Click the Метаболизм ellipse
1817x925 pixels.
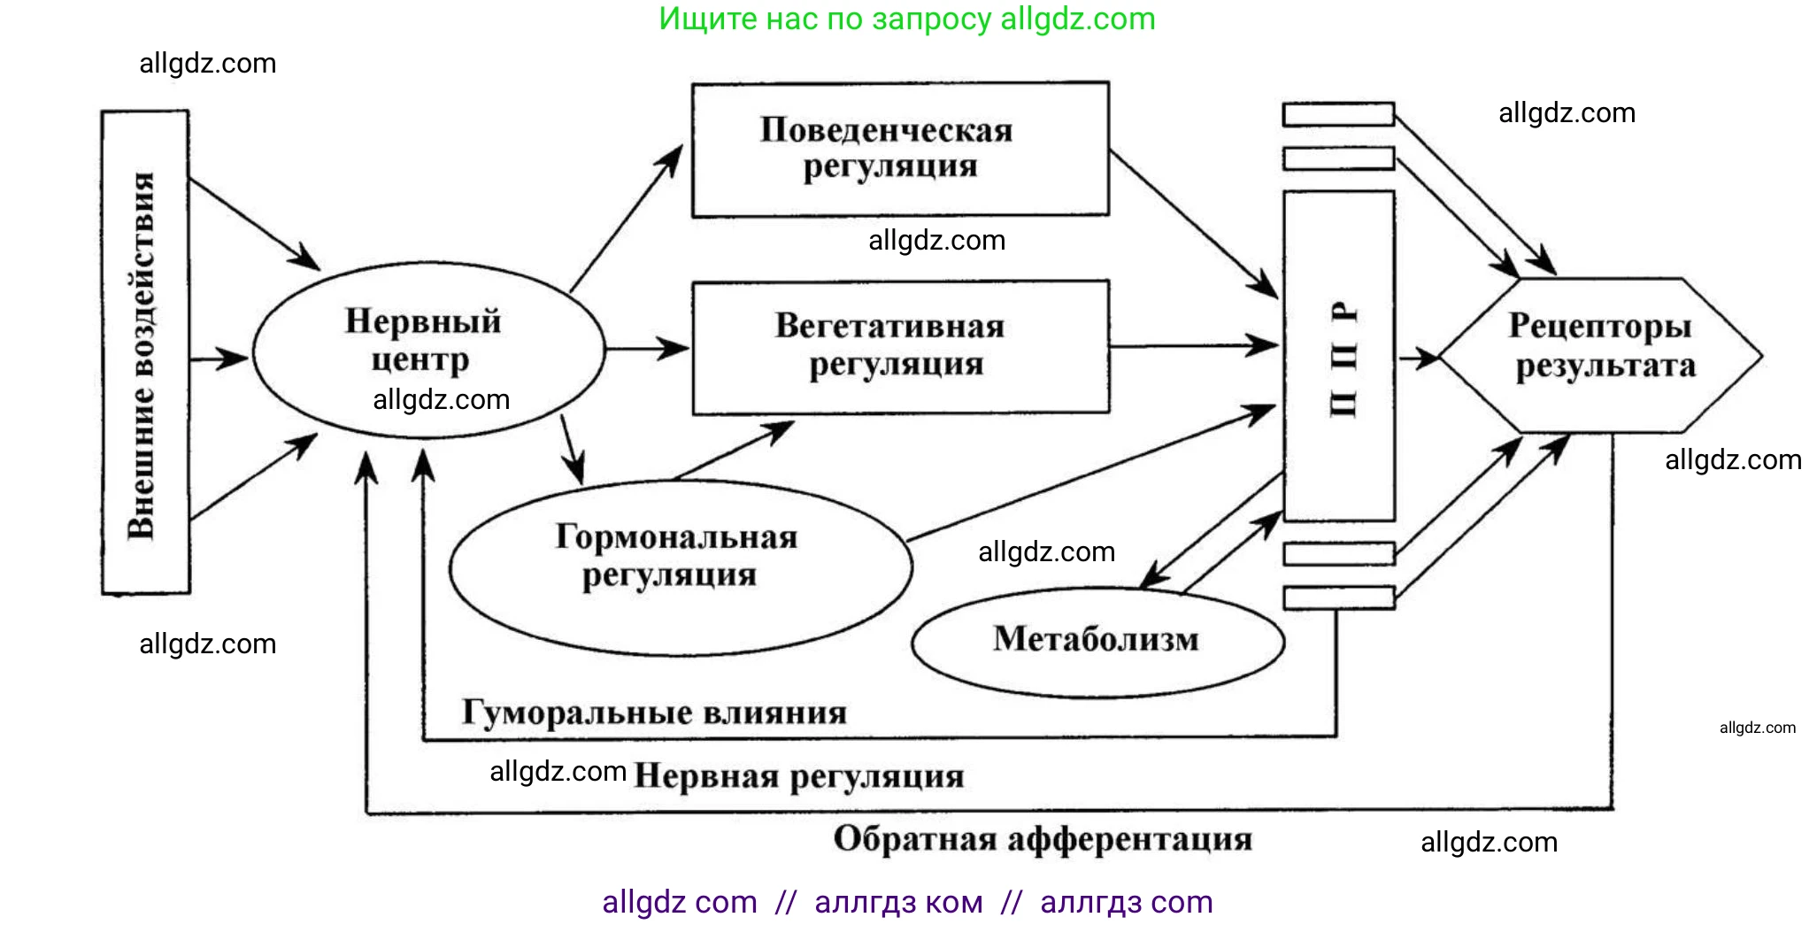(1096, 641)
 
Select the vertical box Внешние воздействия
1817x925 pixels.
(145, 352)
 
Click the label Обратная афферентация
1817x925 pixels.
(1043, 839)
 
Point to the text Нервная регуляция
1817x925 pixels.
(798, 777)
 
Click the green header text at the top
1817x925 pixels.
(906, 19)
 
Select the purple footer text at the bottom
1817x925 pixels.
(906, 902)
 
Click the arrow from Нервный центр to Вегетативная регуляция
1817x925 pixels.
(646, 349)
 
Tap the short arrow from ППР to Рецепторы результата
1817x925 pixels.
(1418, 358)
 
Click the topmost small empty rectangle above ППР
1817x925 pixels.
(1338, 114)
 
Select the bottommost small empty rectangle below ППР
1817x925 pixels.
(1338, 597)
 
